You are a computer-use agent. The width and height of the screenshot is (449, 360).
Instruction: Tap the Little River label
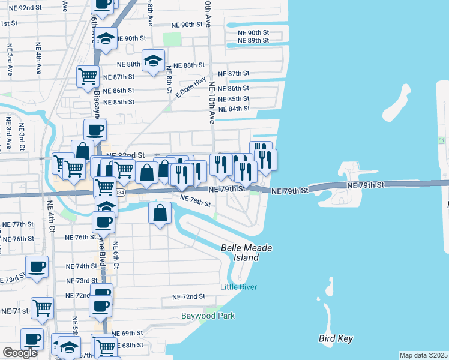[x=238, y=287]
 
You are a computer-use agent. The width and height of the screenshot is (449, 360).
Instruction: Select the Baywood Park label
[x=208, y=316]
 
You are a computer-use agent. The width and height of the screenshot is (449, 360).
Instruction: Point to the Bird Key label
[x=336, y=339]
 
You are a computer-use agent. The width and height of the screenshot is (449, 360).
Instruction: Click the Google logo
[x=19, y=353]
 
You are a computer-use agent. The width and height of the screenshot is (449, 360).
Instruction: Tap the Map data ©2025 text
[x=423, y=355]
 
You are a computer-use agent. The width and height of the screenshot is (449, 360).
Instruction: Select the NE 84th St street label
[x=234, y=109]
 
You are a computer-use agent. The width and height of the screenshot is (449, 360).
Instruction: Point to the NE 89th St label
[x=253, y=40]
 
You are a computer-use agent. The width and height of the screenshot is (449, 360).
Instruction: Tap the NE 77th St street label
[x=18, y=224]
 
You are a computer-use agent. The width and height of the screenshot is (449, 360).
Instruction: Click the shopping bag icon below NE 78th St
[x=160, y=213]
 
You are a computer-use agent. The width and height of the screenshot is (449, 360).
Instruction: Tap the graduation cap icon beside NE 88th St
[x=154, y=61]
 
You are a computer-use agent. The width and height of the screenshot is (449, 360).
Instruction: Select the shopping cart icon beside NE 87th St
[x=88, y=76]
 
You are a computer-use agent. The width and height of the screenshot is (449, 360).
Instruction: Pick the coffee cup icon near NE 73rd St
[x=36, y=266]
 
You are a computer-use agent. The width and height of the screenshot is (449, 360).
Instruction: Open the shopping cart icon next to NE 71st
[x=42, y=308]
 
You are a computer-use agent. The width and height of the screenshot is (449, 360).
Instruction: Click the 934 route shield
[x=120, y=192]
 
